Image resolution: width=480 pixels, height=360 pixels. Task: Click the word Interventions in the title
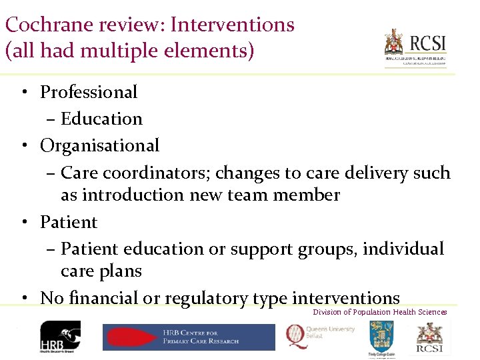click(x=232, y=25)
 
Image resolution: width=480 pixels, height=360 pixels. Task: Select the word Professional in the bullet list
click(x=89, y=92)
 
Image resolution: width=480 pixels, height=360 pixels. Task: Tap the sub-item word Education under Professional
click(x=101, y=119)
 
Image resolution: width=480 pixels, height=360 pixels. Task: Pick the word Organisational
click(x=100, y=145)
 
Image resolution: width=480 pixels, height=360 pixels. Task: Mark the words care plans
click(x=101, y=271)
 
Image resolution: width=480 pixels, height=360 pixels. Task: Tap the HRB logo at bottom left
click(x=60, y=337)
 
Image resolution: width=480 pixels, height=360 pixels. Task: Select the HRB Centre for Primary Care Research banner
click(x=189, y=337)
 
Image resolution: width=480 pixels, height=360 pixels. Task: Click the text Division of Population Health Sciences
click(x=380, y=312)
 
